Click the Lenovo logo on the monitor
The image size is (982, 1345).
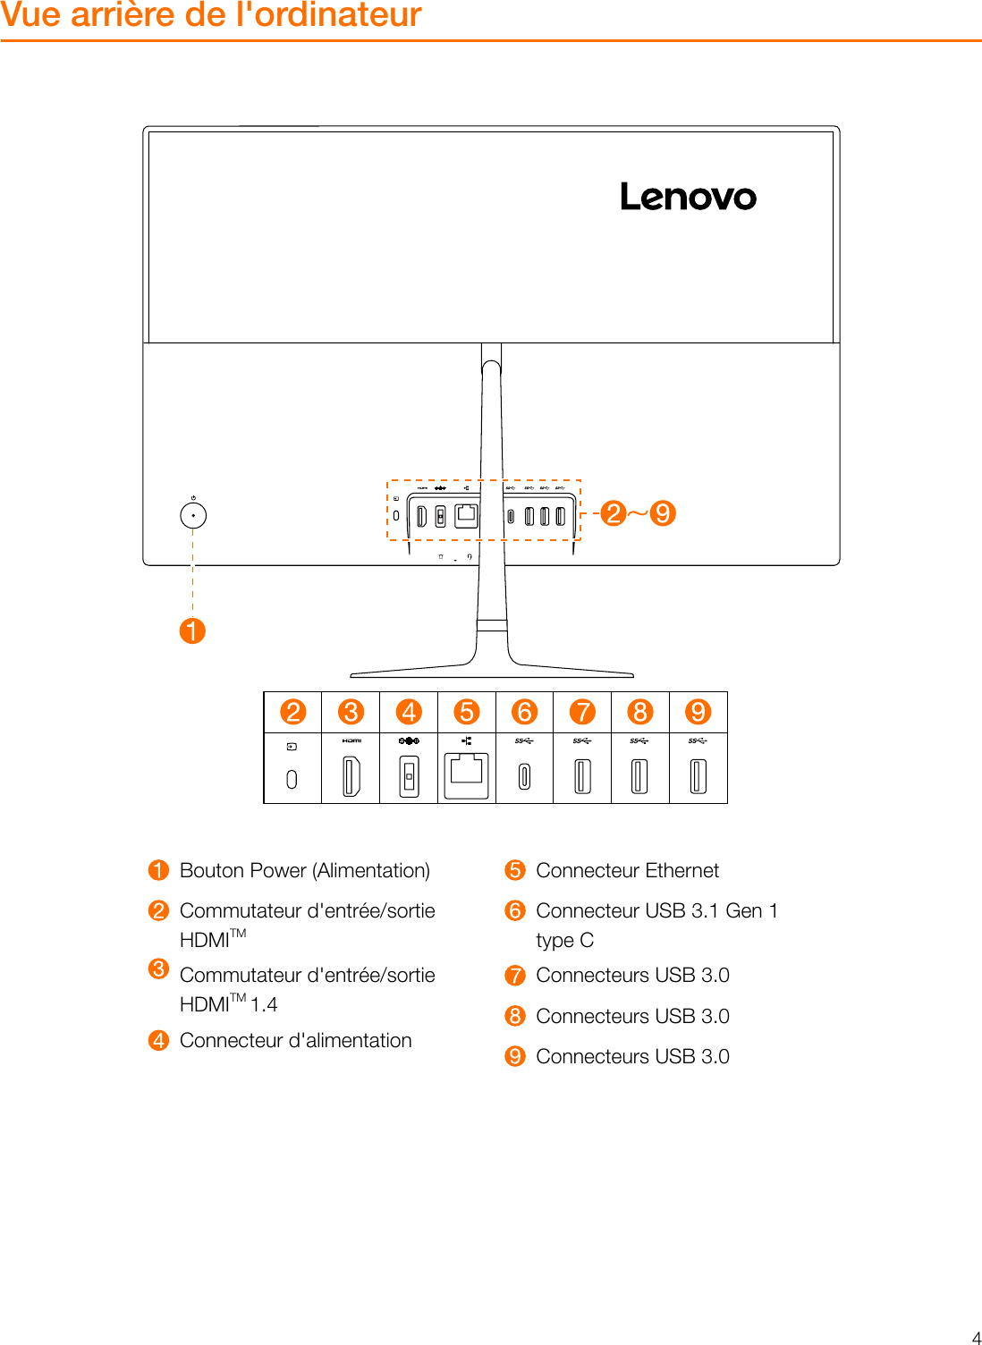[x=688, y=197]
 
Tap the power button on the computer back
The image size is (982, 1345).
[x=193, y=516]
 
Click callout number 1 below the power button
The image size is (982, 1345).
[x=192, y=630]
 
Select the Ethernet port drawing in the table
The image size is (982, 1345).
[x=467, y=774]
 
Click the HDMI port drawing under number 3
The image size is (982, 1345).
[x=351, y=775]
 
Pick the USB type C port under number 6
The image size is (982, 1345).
[x=525, y=775]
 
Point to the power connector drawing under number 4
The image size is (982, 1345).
[x=409, y=775]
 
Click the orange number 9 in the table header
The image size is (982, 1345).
[x=698, y=712]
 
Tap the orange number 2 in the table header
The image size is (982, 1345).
[x=292, y=712]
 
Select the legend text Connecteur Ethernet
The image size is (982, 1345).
[x=627, y=870]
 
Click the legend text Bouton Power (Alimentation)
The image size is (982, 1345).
[x=304, y=870]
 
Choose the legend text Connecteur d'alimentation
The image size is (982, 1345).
[x=295, y=1040]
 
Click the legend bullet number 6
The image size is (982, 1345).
[x=515, y=910]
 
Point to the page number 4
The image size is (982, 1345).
[x=976, y=1338]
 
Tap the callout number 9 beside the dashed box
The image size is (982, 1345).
[x=662, y=513]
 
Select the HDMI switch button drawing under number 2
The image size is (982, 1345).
[x=292, y=779]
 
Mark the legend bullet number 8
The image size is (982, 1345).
[x=515, y=1016]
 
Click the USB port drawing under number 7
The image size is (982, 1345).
[x=582, y=775]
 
